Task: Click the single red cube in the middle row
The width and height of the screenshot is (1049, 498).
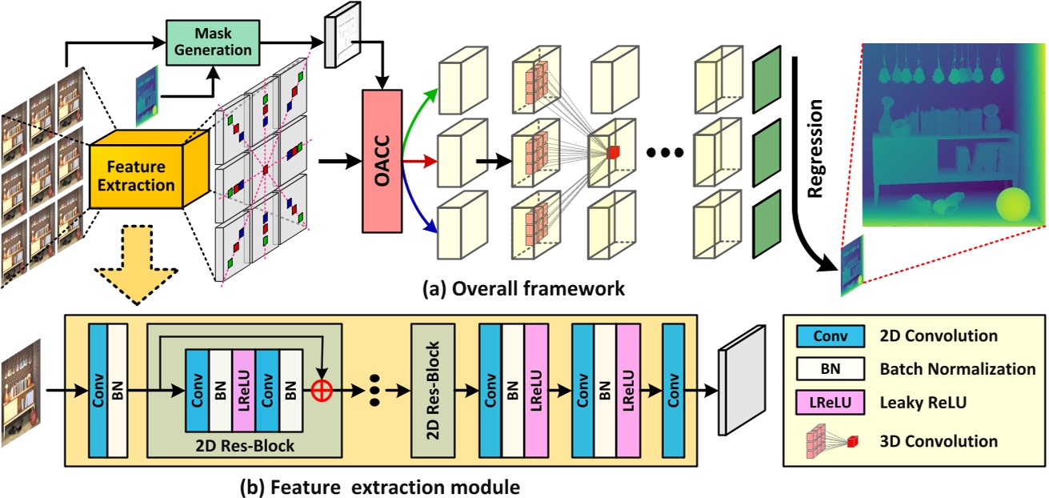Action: coord(613,152)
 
